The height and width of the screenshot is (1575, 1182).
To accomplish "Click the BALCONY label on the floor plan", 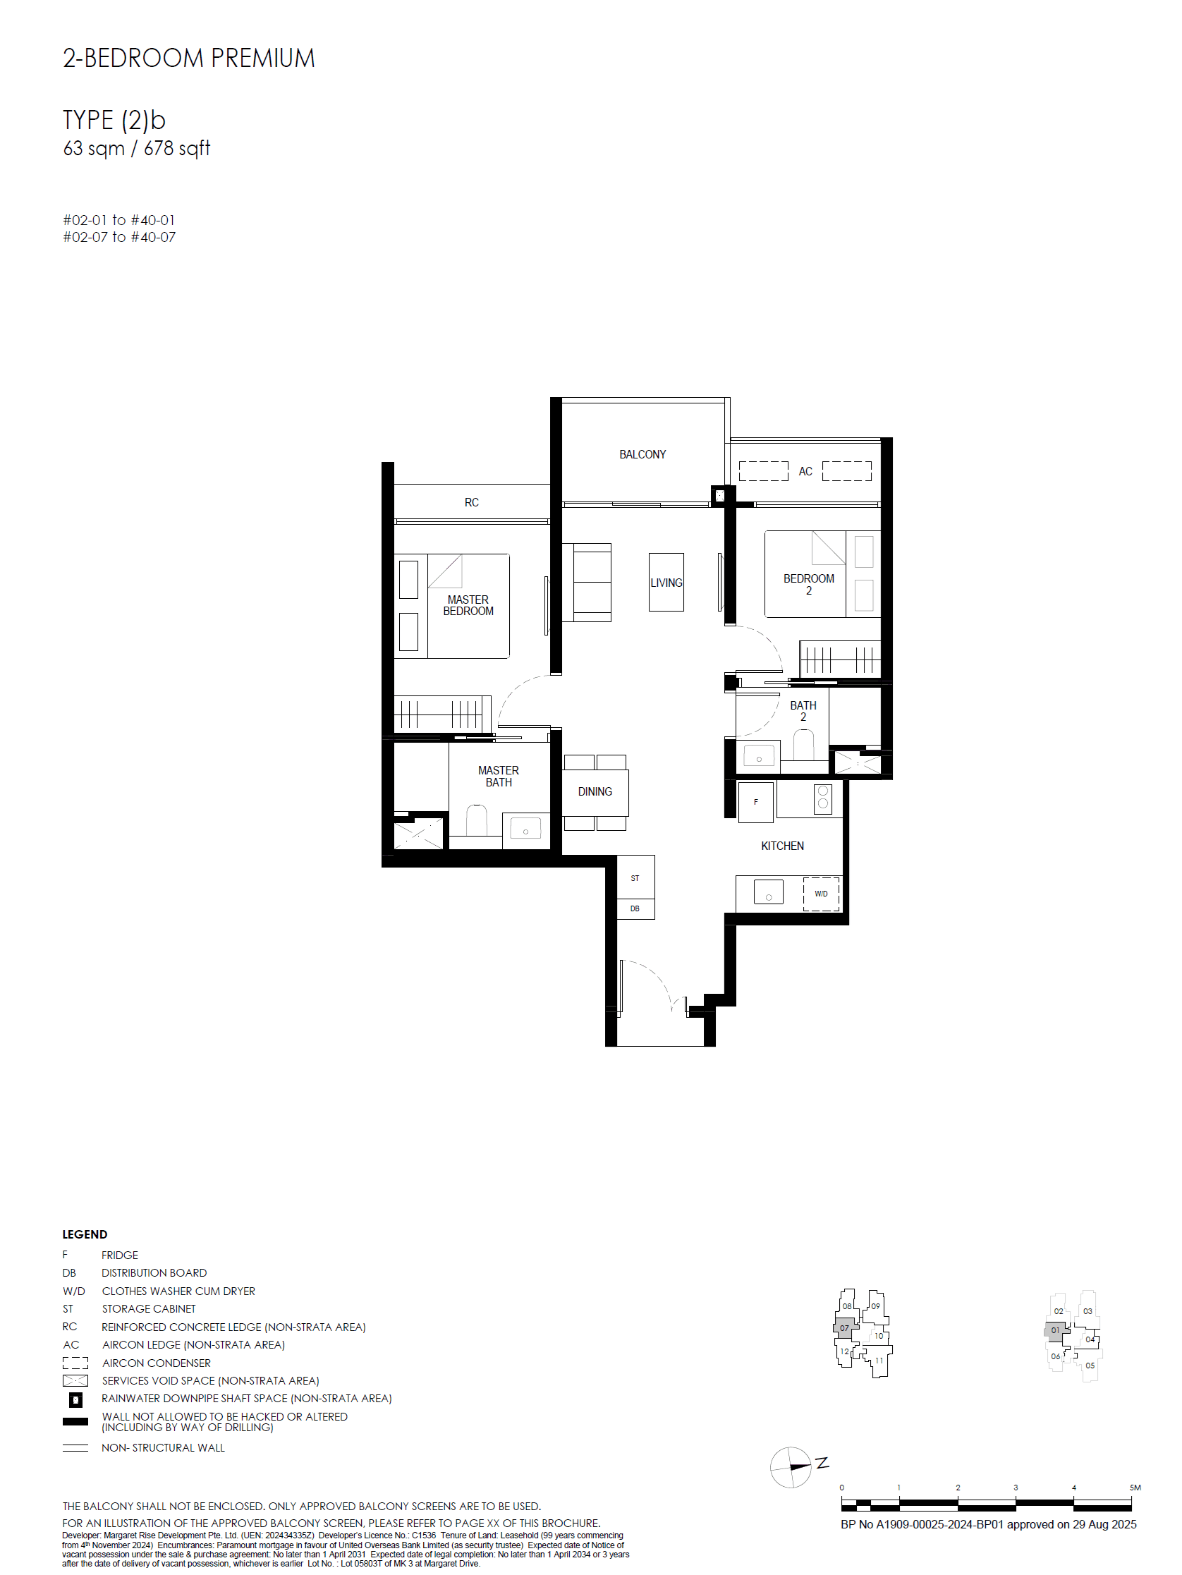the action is pos(642,454).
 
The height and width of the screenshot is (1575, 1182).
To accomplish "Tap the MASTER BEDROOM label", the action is pos(468,605).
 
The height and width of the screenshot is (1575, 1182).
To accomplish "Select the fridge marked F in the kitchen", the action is pos(755,803).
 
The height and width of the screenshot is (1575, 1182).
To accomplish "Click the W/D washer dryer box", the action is pos(821,894).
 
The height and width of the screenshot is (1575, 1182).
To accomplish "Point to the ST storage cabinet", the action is pos(635,878).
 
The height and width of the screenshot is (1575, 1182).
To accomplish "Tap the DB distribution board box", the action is pos(635,909).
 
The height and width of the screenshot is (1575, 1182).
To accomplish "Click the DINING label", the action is pos(595,792).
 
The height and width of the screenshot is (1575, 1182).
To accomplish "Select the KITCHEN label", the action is pos(782,846).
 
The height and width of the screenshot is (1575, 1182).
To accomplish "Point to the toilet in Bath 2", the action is pos(803,745).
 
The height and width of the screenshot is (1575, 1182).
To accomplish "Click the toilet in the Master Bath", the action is pos(476,820).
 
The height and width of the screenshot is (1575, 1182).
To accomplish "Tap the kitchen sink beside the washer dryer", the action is pos(768,892).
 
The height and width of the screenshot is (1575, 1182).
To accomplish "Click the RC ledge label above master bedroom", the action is pos(471,503).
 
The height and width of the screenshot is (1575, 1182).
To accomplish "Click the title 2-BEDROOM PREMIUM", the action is pos(189,59).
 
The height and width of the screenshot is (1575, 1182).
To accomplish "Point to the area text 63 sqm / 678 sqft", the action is pos(137,148).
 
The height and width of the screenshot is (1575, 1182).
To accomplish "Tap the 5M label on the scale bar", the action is pos(1135,1488).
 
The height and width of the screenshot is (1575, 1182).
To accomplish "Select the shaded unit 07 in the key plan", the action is pos(843,1327).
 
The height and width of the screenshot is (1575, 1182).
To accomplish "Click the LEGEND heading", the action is pos(85,1234).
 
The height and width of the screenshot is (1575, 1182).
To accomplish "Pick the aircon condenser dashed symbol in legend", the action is pos(75,1363).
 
